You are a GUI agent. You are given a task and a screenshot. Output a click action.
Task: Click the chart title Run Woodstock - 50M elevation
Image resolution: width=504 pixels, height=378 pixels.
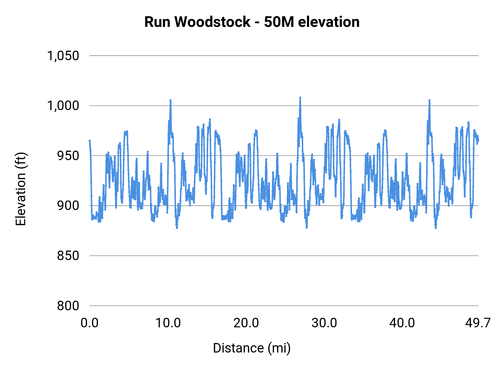pos(252,22)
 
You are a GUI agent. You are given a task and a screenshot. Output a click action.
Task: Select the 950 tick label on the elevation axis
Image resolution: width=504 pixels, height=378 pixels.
pos(68,156)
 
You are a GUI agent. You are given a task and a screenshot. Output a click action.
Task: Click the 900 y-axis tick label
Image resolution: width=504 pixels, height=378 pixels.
pos(68,206)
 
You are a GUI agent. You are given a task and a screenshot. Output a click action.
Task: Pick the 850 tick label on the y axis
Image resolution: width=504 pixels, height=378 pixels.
pos(68,256)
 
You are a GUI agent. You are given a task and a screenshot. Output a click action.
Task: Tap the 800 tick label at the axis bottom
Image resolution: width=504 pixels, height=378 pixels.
pos(68,306)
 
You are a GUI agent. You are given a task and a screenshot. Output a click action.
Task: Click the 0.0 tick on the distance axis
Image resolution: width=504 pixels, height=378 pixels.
pos(90,323)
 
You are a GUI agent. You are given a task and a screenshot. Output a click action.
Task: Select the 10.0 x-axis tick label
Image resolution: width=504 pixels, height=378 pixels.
pos(168,323)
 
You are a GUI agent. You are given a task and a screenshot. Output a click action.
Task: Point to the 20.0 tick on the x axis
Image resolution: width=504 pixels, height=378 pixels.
pos(246,323)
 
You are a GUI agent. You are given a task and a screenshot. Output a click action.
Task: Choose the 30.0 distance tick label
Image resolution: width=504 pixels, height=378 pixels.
pos(324,323)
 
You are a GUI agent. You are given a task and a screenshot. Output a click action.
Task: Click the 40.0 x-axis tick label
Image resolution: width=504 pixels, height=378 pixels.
pos(402,323)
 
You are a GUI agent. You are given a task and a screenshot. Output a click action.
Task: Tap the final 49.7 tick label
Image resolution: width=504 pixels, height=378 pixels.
pos(478,323)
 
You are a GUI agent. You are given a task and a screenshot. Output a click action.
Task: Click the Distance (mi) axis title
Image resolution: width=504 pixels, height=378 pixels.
pos(252,348)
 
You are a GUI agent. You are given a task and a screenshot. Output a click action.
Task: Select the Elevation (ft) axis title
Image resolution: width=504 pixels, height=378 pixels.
pos(21,189)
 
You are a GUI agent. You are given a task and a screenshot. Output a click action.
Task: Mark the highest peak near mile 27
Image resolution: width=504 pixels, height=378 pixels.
pos(300,97)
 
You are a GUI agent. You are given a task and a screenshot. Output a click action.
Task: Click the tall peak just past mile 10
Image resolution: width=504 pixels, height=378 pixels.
pos(170,100)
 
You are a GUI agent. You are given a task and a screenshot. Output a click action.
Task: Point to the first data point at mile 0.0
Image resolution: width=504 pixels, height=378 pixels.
pos(90,141)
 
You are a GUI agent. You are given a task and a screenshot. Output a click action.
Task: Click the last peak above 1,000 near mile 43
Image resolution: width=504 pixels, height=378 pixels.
pos(429,100)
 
